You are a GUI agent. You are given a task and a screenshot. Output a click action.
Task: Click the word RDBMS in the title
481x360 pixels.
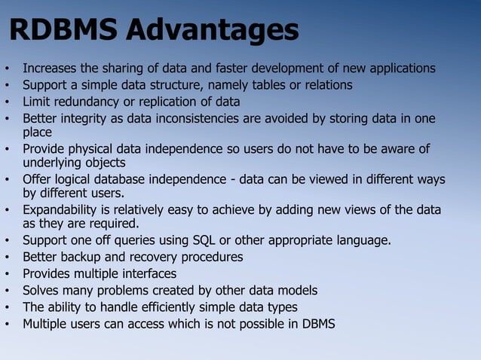tap(63, 32)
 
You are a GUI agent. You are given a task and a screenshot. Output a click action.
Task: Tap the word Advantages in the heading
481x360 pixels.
tap(212, 32)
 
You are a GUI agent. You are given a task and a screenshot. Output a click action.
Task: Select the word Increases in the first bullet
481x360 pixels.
tap(51, 69)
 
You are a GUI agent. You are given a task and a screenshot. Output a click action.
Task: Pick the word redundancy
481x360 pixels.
tap(87, 102)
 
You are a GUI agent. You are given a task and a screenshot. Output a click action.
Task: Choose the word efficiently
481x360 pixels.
tap(178, 307)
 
